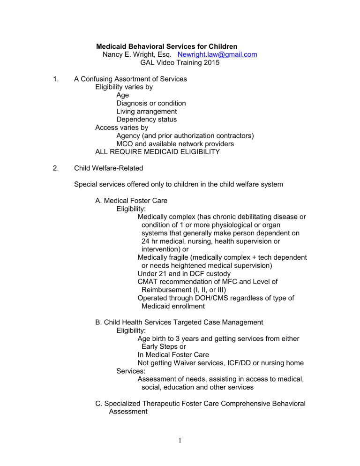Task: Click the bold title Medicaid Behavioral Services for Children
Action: point(166,46)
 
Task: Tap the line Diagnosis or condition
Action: point(151,103)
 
